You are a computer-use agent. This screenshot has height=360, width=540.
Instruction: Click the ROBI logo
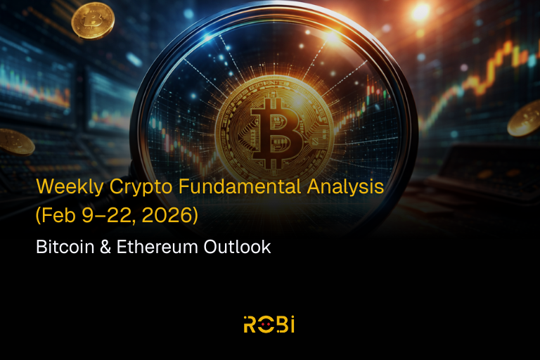click(270, 324)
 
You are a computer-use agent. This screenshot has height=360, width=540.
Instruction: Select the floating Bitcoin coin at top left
click(93, 20)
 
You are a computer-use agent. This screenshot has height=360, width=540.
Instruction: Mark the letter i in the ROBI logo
click(292, 324)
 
